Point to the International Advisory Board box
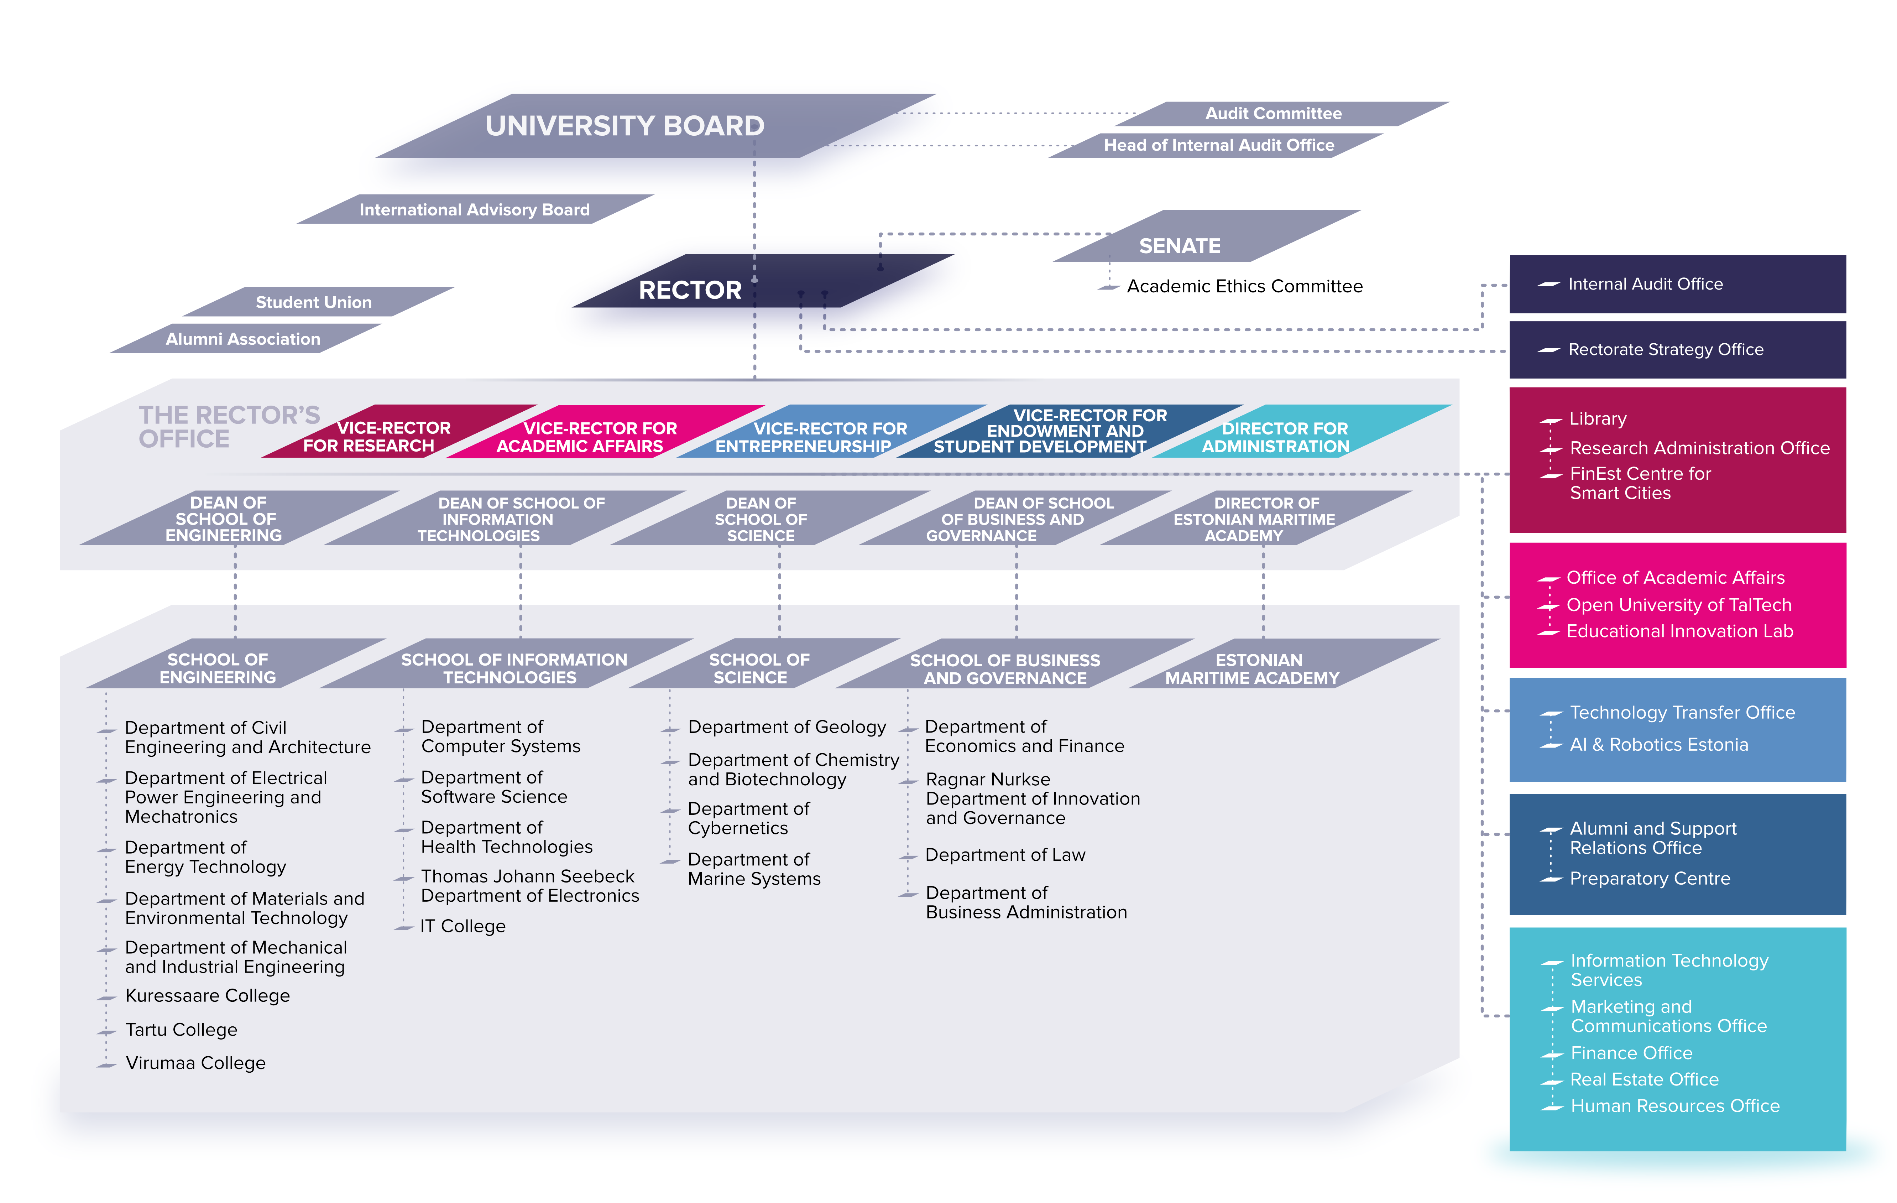pyautogui.click(x=474, y=209)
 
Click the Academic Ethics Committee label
pyautogui.click(x=1244, y=286)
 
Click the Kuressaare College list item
pyautogui.click(x=207, y=996)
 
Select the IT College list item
pyautogui.click(x=463, y=927)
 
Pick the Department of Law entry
pyautogui.click(x=1005, y=855)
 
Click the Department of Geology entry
pyautogui.click(x=787, y=727)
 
